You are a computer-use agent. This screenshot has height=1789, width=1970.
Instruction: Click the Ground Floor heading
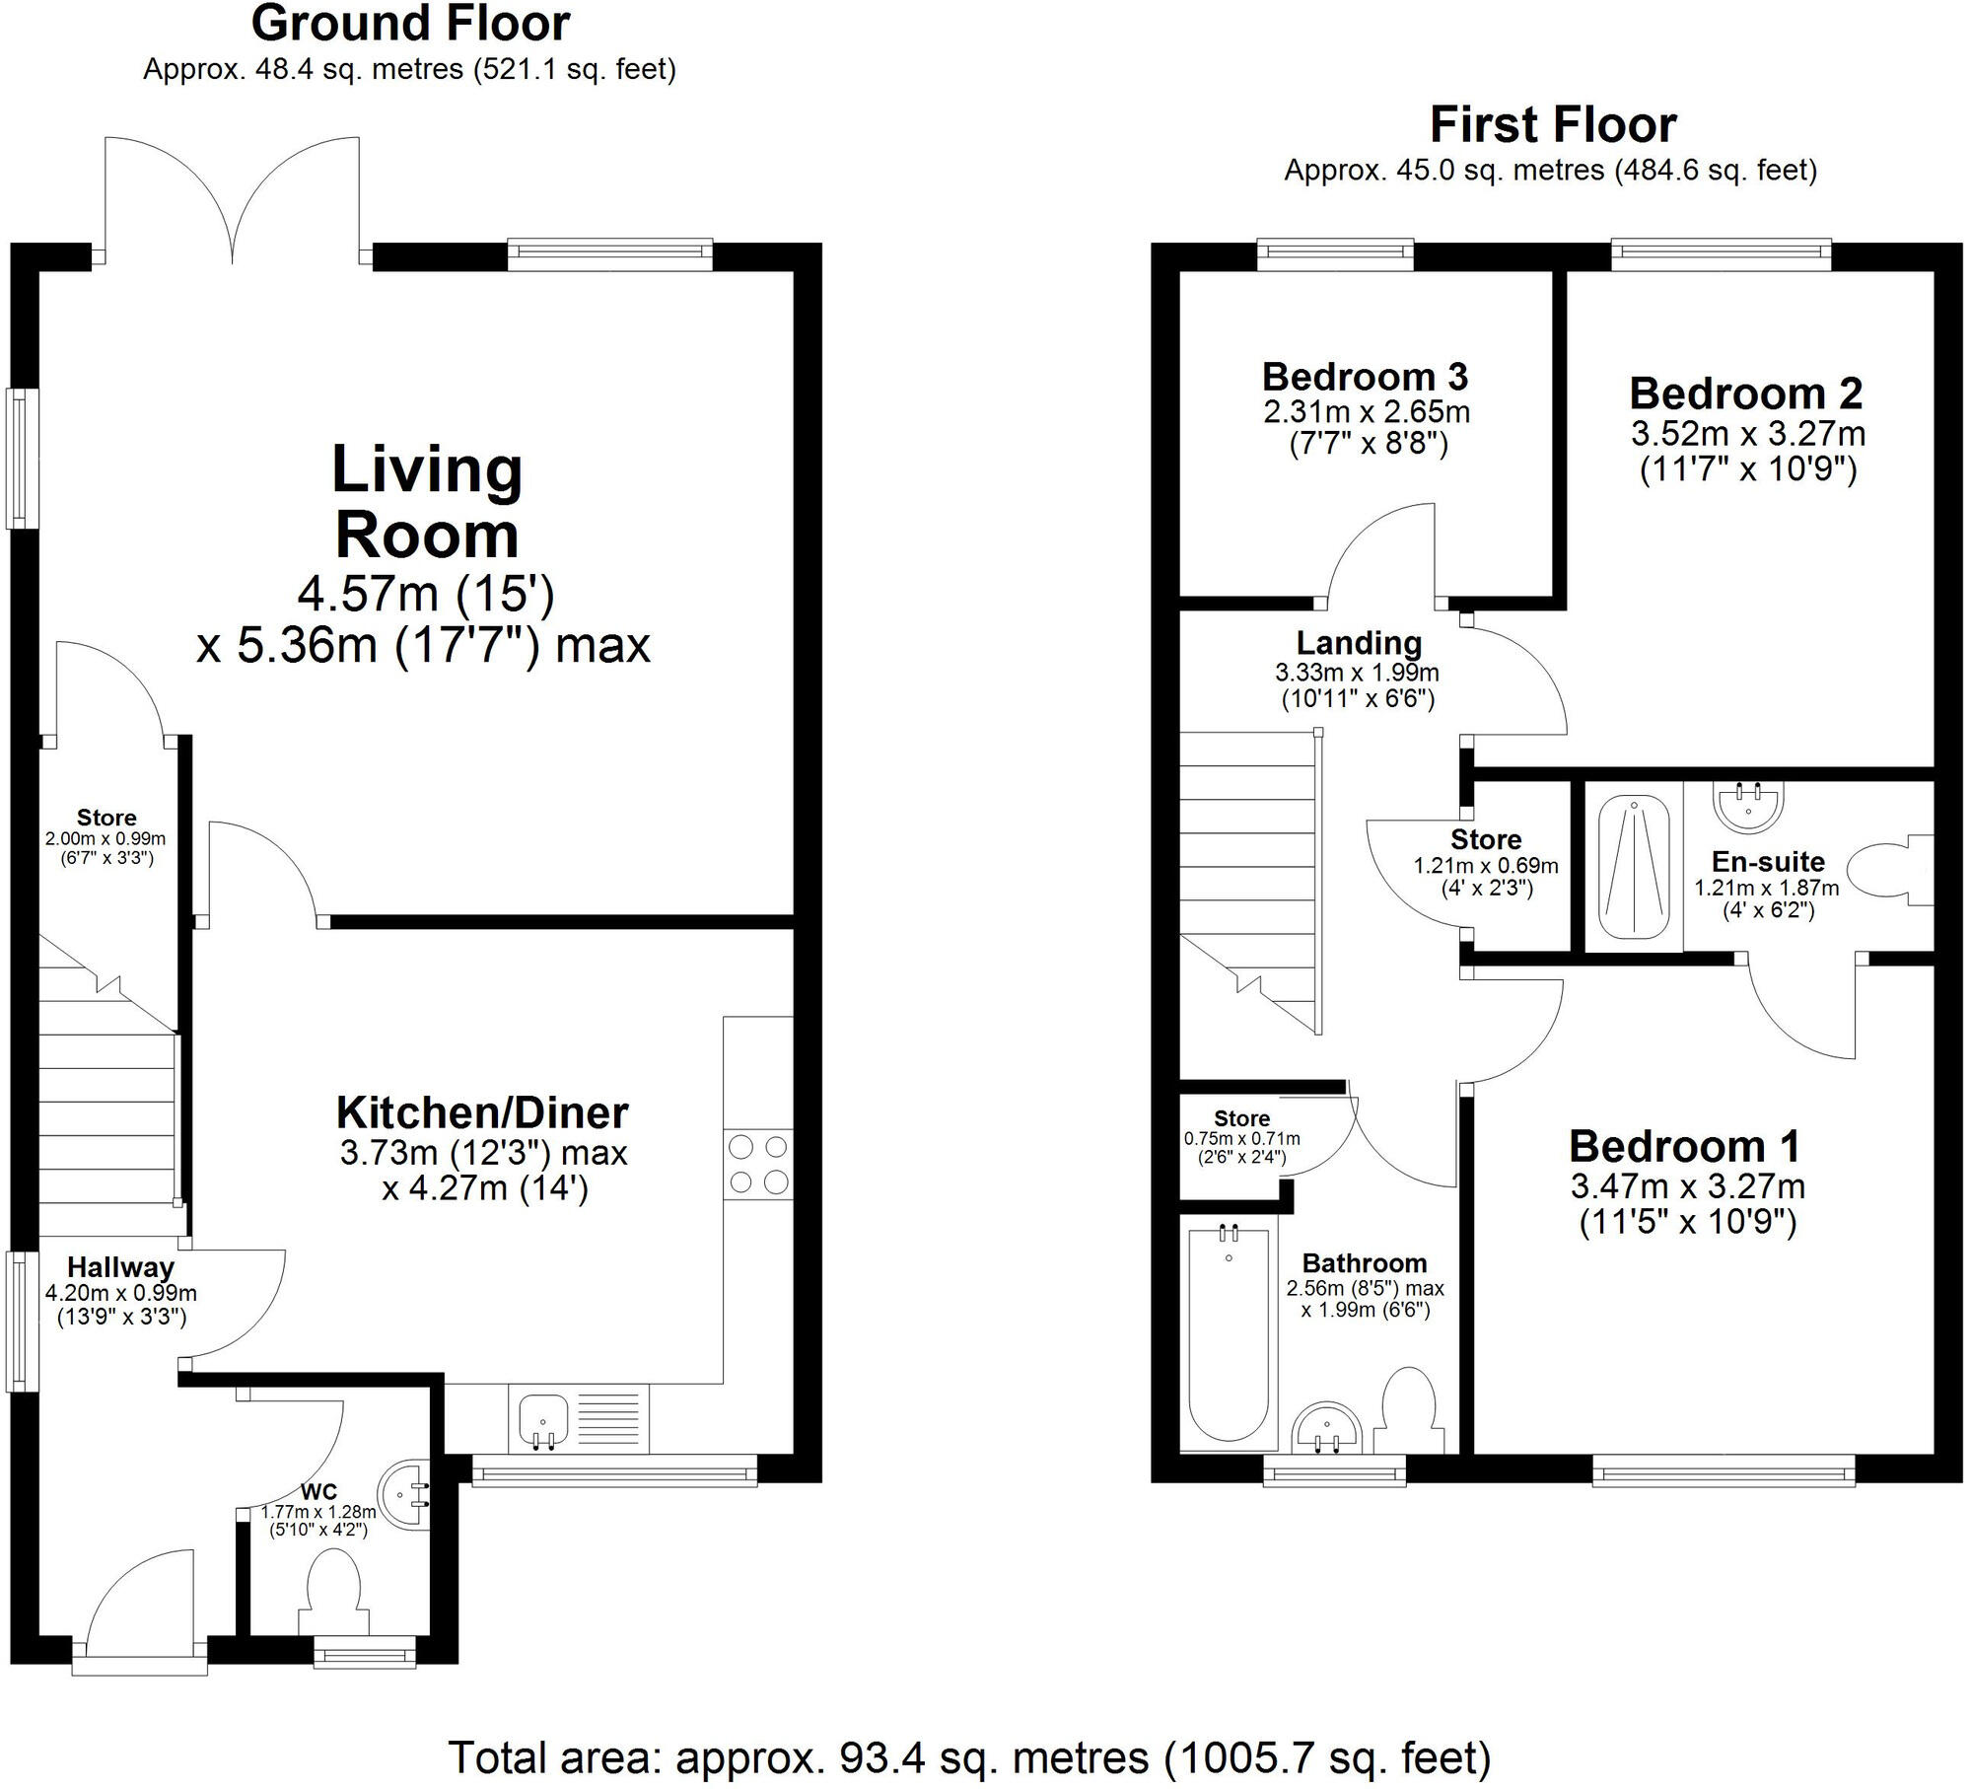[x=410, y=25]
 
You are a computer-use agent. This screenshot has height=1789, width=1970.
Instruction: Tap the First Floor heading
[x=1552, y=125]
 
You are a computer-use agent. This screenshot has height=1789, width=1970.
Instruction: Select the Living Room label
[x=426, y=502]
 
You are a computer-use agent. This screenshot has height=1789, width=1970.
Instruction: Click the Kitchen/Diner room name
[x=482, y=1112]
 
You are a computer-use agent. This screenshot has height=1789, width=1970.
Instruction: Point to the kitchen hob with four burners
[x=757, y=1164]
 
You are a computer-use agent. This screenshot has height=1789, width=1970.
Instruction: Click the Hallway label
[x=120, y=1267]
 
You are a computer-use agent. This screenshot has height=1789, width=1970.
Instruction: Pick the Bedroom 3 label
[x=1365, y=377]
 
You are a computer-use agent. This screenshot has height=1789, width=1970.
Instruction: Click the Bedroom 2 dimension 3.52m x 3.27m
[x=1747, y=433]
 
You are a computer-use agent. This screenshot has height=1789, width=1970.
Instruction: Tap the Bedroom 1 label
[x=1685, y=1146]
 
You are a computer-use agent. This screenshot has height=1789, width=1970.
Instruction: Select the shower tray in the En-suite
[x=1633, y=867]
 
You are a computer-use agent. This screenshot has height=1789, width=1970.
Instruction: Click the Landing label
[x=1359, y=643]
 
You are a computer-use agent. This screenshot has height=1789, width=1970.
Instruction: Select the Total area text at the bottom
[x=969, y=1757]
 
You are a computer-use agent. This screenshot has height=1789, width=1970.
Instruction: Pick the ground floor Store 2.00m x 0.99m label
[x=106, y=818]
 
